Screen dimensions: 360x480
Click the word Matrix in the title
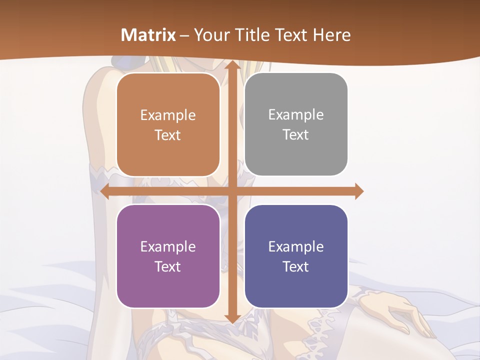pyautogui.click(x=148, y=35)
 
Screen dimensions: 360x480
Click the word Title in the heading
pyautogui.click(x=247, y=35)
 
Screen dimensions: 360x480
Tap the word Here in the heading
pyautogui.click(x=331, y=35)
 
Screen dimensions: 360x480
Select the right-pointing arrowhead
pyautogui.click(x=358, y=191)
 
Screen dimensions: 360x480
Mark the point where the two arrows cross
pyautogui.click(x=231, y=191)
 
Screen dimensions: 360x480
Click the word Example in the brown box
pyautogui.click(x=168, y=115)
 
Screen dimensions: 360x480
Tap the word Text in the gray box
pyautogui.click(x=296, y=135)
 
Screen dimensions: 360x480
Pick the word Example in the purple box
pyautogui.click(x=168, y=247)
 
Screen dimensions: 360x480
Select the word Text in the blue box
pyautogui.click(x=296, y=266)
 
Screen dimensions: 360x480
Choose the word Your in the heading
pyautogui.click(x=210, y=35)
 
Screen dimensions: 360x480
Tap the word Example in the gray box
pyautogui.click(x=296, y=115)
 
